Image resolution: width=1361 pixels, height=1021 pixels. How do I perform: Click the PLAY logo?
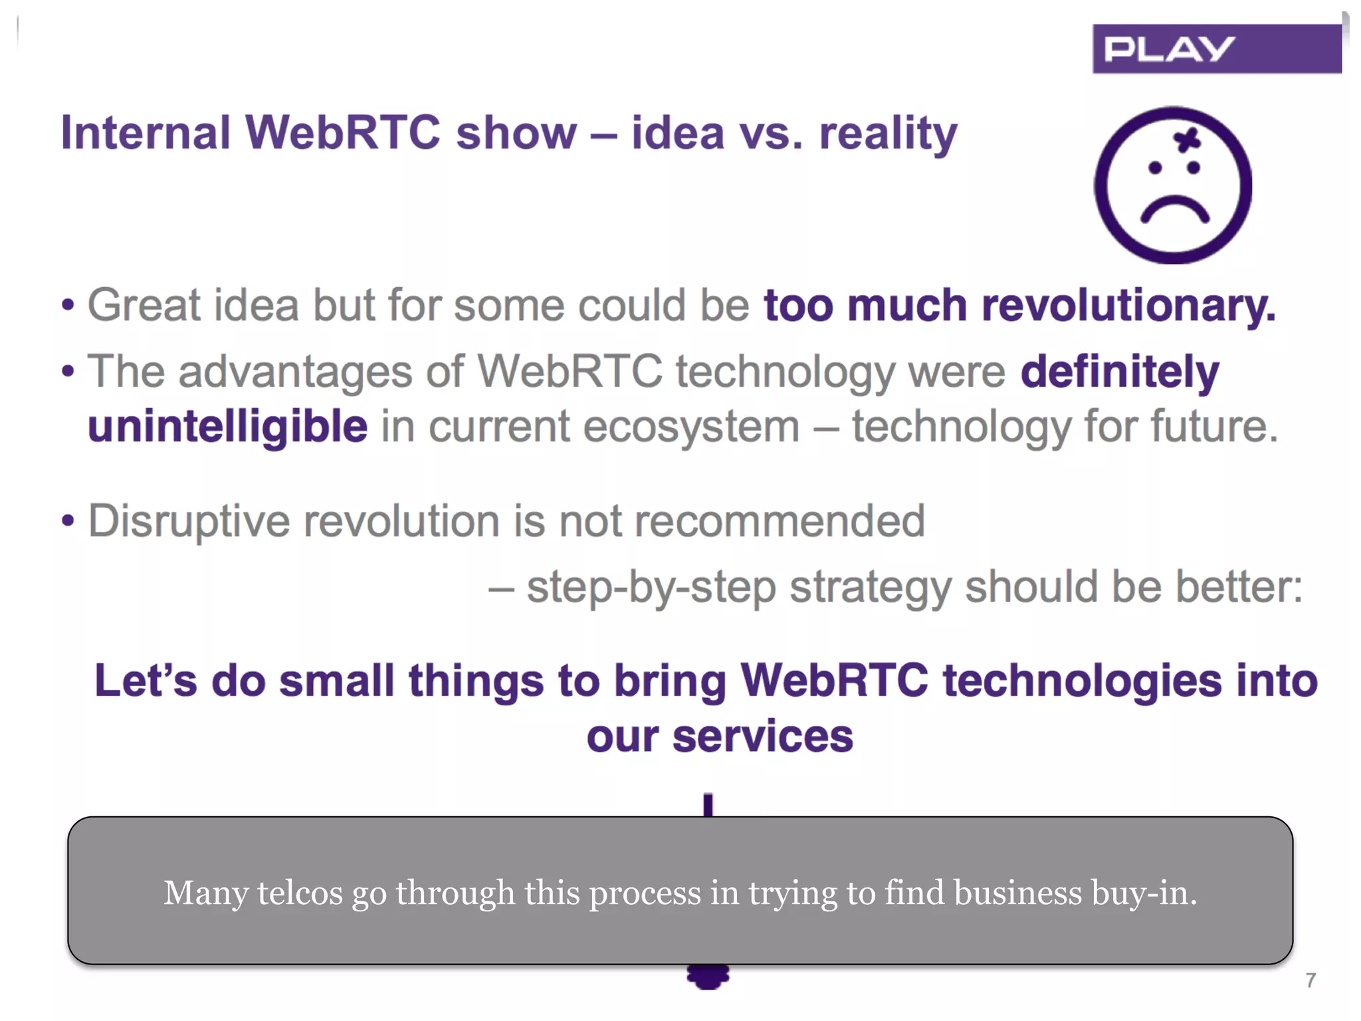(x=1216, y=49)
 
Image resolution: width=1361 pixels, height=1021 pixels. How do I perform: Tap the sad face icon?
(x=1173, y=185)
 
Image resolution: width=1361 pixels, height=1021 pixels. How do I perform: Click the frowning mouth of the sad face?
(x=1174, y=209)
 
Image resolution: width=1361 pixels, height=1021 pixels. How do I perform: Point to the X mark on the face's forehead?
(x=1187, y=140)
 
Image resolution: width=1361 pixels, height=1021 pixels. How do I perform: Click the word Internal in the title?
(x=146, y=132)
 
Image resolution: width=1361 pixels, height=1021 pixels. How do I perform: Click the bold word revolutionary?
(x=1128, y=306)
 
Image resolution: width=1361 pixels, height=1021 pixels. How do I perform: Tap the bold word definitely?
(x=1120, y=371)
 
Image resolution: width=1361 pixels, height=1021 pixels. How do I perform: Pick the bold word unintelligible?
(x=227, y=426)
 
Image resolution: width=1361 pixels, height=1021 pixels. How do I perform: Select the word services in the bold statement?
(x=762, y=737)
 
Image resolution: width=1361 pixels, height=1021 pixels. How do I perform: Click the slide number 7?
(x=1310, y=980)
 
